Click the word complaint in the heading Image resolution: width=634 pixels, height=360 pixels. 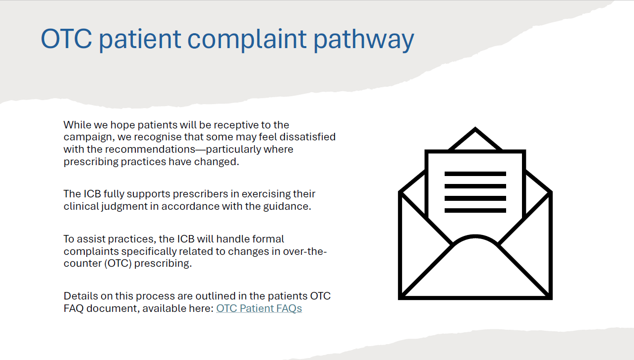[x=247, y=40]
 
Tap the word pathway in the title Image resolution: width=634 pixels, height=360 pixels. [x=364, y=40]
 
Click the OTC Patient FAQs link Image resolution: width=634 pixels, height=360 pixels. [x=259, y=308]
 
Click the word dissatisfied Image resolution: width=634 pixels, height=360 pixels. [x=307, y=137]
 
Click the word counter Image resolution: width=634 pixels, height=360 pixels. [x=83, y=263]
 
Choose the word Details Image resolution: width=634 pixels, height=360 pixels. [x=80, y=296]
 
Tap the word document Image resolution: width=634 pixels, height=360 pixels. [x=113, y=308]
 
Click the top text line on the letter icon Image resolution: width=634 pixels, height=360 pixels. [x=475, y=174]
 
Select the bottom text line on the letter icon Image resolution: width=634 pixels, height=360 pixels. [x=475, y=210]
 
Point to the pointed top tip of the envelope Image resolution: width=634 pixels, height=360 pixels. [x=475, y=128]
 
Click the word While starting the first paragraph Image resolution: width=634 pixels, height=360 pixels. [x=77, y=125]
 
